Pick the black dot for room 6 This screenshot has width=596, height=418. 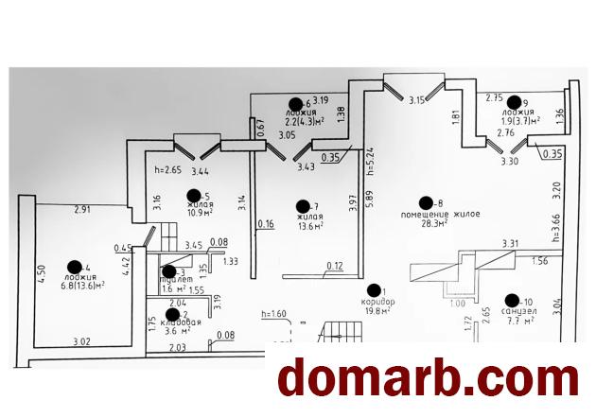(x=295, y=104)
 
